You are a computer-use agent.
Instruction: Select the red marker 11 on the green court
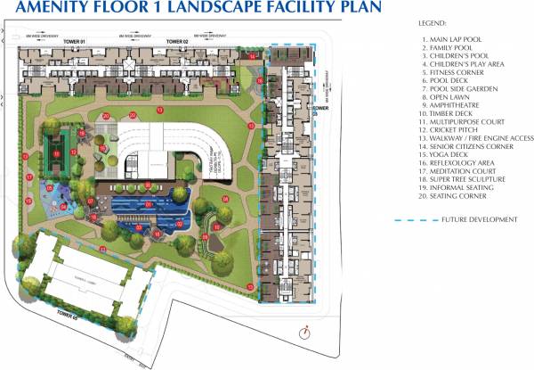pos(56,153)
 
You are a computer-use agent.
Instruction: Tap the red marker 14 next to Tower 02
pos(253,56)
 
